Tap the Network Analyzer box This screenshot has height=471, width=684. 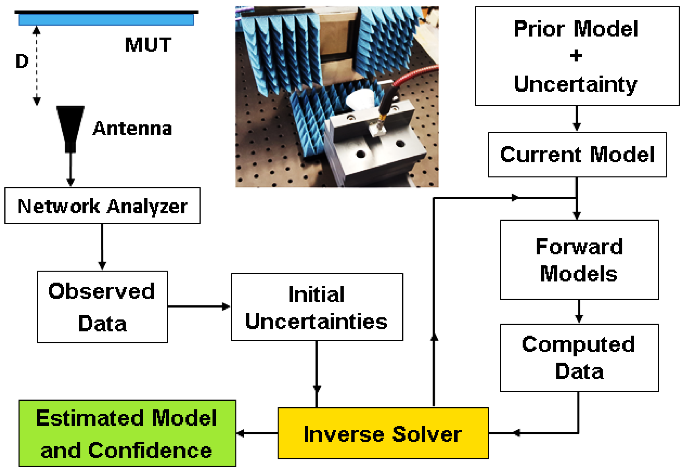102,206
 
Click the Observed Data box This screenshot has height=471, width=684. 102,307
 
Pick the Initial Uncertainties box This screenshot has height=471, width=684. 317,307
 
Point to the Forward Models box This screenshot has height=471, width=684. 579,260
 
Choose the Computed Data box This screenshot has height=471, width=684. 579,358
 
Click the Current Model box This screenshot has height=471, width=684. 577,155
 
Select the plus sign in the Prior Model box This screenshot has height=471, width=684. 576,56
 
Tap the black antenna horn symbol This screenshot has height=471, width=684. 71,127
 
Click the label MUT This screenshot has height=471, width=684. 148,45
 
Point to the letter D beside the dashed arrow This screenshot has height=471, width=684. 22,61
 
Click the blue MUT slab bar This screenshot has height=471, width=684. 106,20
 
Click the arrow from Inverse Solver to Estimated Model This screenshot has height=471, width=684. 257,433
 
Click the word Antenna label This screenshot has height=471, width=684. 132,129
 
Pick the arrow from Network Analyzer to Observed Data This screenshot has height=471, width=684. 102,247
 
